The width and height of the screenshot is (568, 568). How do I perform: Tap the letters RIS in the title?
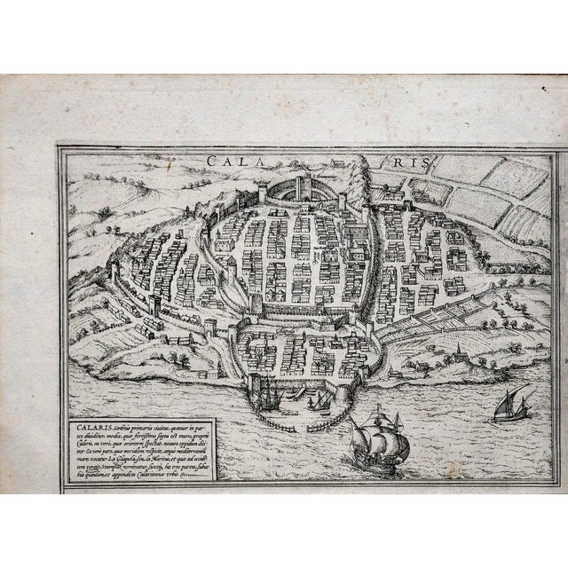pos(410,162)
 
